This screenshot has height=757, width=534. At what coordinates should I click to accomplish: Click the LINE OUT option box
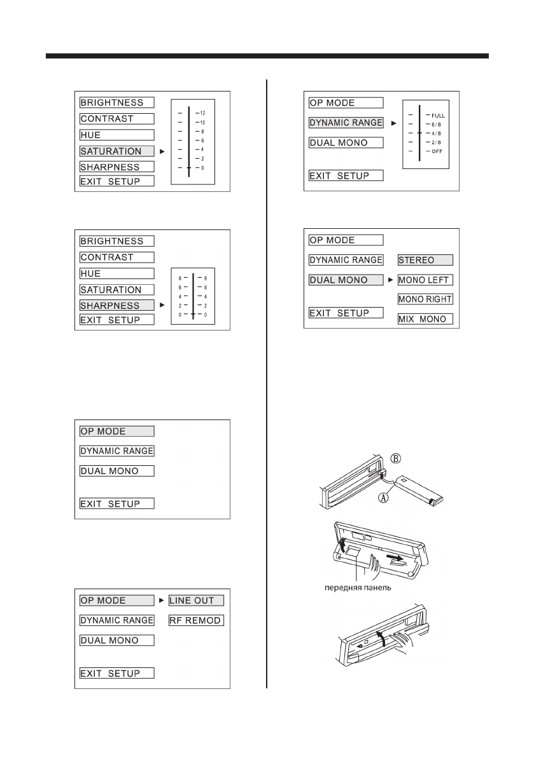196,601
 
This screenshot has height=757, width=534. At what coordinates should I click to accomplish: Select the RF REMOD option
196,620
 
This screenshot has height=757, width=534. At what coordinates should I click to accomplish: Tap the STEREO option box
425,260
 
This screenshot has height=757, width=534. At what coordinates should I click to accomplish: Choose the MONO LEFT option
425,280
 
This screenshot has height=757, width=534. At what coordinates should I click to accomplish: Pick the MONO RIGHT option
425,299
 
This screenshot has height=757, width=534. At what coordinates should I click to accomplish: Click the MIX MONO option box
425,319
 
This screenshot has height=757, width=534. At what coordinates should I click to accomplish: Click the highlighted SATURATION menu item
116,151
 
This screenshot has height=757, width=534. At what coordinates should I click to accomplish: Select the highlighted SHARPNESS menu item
116,305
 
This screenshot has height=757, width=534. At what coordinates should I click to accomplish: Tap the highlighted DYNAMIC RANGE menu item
346,123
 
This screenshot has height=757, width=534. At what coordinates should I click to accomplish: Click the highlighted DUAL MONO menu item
346,280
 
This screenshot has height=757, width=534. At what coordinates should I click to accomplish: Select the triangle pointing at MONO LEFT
391,280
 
